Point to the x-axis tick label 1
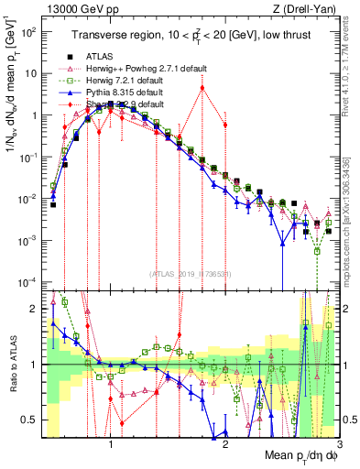[111, 442]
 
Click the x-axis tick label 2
[225, 442]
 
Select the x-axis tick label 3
[339, 442]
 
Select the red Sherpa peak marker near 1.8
[202, 88]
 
